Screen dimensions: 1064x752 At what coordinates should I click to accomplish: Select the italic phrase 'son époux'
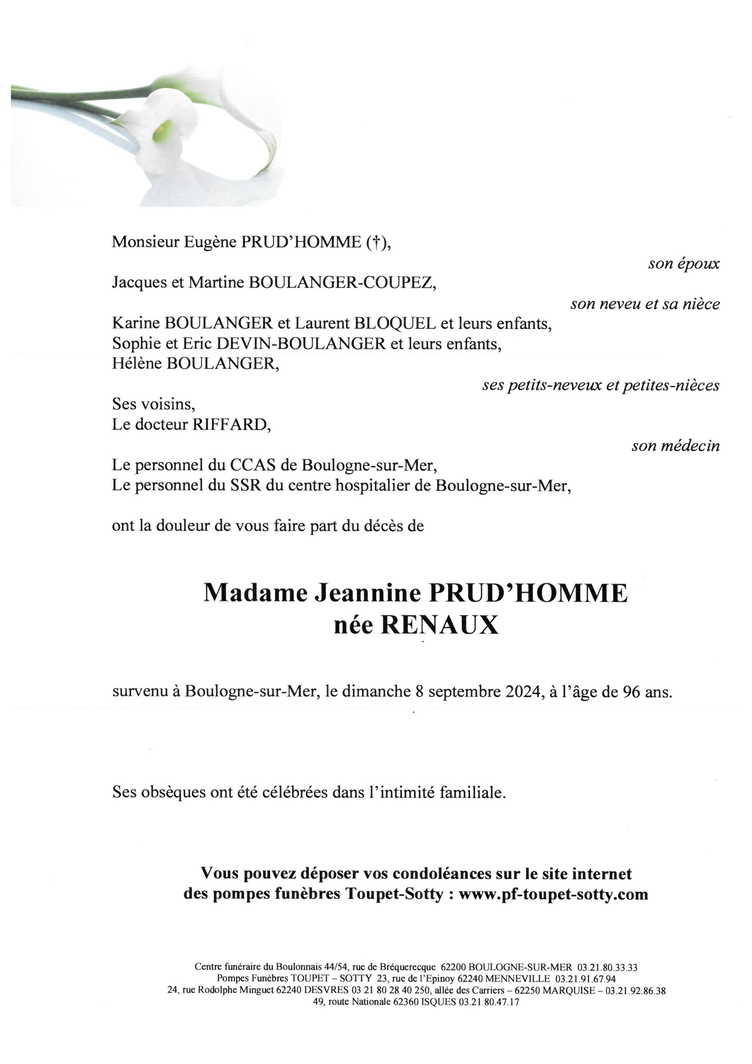683,264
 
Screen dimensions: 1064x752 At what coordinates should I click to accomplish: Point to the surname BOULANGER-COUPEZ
342,282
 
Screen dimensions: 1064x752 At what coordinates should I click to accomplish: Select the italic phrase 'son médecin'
676,446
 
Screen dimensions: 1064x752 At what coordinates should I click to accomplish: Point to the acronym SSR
245,485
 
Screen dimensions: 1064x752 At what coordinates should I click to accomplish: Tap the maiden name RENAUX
439,625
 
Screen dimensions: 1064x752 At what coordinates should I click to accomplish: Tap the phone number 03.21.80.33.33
607,968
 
